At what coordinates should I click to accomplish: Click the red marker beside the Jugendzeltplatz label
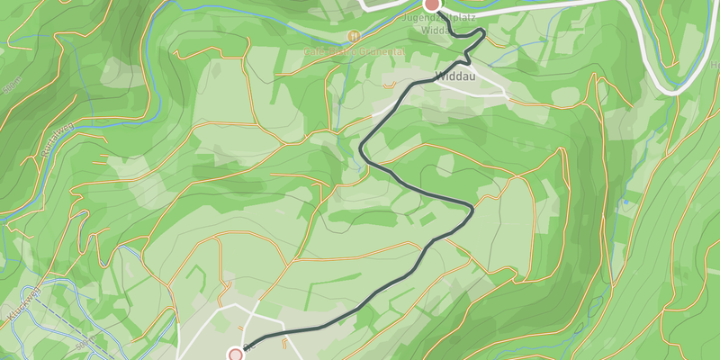(432, 4)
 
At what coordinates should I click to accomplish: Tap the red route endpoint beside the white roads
(236, 355)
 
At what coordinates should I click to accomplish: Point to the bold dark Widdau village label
(454, 76)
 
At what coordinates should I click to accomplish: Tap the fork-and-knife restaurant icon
(354, 37)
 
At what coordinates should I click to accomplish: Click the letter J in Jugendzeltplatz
(406, 16)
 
